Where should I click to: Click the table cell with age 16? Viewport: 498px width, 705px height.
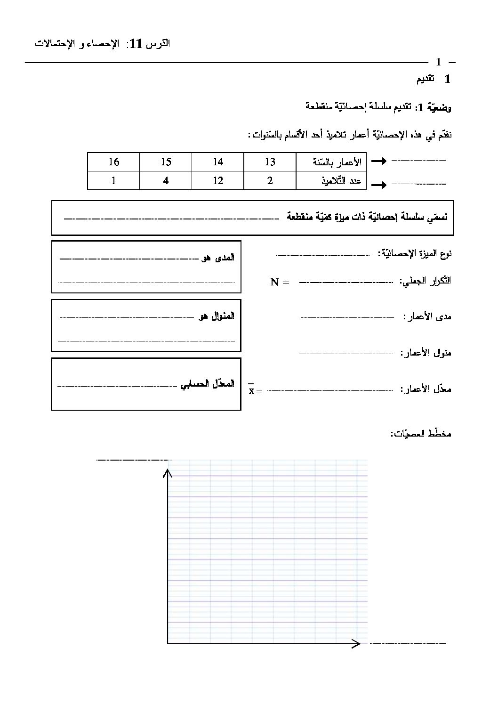click(x=113, y=162)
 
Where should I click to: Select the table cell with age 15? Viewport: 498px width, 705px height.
click(x=166, y=162)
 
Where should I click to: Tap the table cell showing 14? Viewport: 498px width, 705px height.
click(x=218, y=162)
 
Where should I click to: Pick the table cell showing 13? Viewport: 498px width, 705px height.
click(x=270, y=162)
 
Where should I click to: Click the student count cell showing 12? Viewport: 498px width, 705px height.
click(x=218, y=180)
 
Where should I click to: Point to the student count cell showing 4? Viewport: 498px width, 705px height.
click(x=166, y=180)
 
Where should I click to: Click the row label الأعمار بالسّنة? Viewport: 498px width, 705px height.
click(x=337, y=162)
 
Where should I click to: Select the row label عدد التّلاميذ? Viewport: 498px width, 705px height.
click(x=344, y=181)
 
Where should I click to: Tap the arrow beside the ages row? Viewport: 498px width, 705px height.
click(x=379, y=162)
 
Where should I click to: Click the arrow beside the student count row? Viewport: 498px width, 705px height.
click(x=379, y=185)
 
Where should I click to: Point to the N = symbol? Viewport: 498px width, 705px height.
click(x=280, y=283)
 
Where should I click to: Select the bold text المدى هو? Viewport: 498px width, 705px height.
click(x=217, y=258)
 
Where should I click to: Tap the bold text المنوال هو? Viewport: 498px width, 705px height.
click(x=216, y=316)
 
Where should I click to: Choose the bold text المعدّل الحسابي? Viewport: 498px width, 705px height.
click(x=207, y=384)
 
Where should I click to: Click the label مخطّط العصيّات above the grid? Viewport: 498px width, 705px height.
click(x=420, y=433)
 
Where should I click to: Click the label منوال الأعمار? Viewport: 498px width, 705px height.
click(x=426, y=353)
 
